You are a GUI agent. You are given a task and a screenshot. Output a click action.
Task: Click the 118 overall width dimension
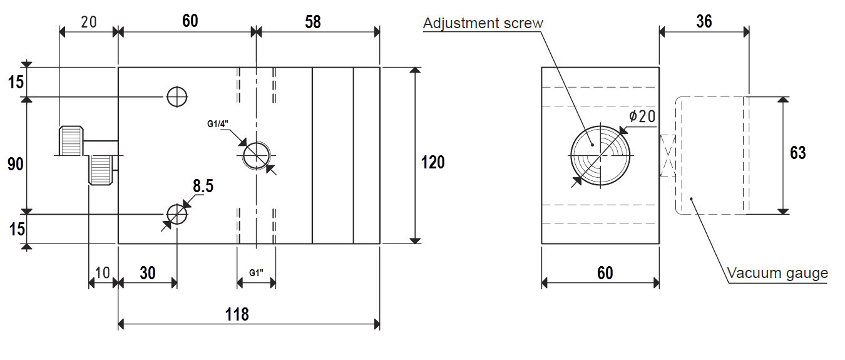click(x=237, y=314)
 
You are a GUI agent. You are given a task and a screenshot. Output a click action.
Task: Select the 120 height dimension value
click(x=433, y=162)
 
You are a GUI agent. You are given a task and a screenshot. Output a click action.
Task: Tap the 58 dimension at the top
click(x=313, y=22)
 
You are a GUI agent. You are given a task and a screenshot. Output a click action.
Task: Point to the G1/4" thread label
click(x=218, y=124)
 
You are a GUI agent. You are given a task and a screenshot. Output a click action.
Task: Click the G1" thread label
click(x=256, y=272)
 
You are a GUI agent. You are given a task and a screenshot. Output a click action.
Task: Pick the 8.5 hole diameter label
click(x=203, y=186)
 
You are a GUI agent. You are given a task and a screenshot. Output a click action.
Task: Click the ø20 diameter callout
click(x=642, y=116)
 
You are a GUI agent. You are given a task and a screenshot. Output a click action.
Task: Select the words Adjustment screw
click(x=483, y=23)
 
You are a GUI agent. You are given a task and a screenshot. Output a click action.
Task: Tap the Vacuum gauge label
click(x=777, y=273)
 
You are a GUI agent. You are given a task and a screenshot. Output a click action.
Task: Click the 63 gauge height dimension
click(x=798, y=153)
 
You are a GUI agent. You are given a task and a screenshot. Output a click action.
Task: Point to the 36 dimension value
click(x=704, y=21)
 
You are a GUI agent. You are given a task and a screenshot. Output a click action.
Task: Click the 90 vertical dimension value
click(x=16, y=165)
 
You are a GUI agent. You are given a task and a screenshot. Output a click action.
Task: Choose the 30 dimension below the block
click(x=148, y=273)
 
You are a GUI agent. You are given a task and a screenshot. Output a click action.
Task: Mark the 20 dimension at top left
click(x=89, y=22)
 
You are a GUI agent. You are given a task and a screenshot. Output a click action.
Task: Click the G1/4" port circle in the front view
click(x=257, y=155)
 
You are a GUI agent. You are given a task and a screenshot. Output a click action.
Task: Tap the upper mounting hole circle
click(x=177, y=97)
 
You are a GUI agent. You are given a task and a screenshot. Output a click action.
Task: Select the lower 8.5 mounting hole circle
click(x=177, y=214)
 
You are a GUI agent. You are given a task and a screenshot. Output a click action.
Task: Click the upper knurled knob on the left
click(x=71, y=141)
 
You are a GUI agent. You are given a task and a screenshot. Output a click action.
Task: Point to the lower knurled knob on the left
click(x=100, y=170)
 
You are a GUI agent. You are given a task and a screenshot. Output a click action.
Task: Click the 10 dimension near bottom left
click(x=102, y=272)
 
